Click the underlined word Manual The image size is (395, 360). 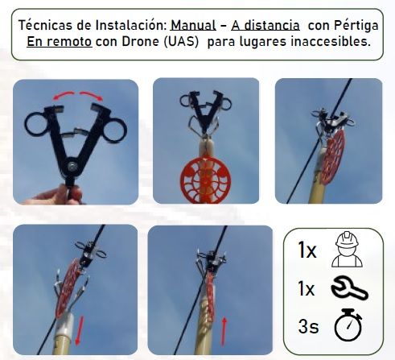click(193, 26)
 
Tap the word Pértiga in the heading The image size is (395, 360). click(356, 26)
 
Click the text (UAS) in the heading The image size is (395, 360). click(181, 42)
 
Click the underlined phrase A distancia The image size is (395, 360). click(265, 26)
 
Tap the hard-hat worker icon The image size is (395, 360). click(347, 250)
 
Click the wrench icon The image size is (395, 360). click(350, 288)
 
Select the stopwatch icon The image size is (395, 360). click(348, 325)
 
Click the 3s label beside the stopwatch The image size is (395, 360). click(308, 326)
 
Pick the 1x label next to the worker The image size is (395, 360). click(307, 250)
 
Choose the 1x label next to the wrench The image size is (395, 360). click(307, 289)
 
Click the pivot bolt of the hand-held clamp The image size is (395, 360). click(72, 166)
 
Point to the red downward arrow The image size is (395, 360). click(79, 330)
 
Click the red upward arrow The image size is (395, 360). click(224, 331)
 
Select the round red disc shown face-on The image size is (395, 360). click(205, 180)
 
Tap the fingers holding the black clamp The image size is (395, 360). click(58, 196)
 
